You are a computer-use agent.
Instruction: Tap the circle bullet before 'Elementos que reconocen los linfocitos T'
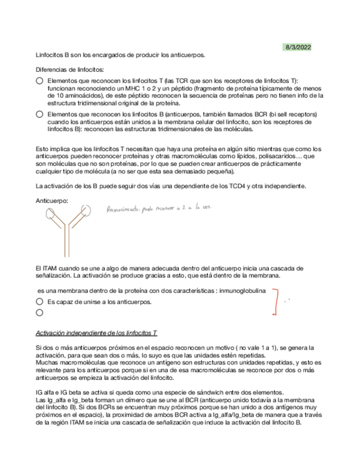(39, 81)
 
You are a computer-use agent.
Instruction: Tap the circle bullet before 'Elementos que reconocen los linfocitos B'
(39, 114)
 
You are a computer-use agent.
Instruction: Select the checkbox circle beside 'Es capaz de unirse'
(39, 302)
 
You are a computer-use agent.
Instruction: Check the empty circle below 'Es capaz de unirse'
(39, 313)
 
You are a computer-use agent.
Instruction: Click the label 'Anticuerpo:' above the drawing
(52, 200)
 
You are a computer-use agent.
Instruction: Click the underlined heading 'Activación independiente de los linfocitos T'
(96, 333)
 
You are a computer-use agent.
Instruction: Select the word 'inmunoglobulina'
(243, 290)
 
